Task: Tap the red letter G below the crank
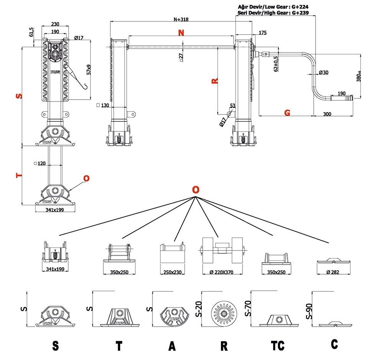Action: click(x=287, y=112)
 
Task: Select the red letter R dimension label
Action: click(x=215, y=81)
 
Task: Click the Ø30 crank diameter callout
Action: click(x=324, y=72)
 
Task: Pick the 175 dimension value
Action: click(x=263, y=33)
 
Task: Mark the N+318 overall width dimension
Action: click(x=181, y=19)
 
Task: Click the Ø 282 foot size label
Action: click(x=334, y=272)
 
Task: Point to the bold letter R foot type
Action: click(x=224, y=346)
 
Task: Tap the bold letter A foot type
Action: click(x=172, y=346)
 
